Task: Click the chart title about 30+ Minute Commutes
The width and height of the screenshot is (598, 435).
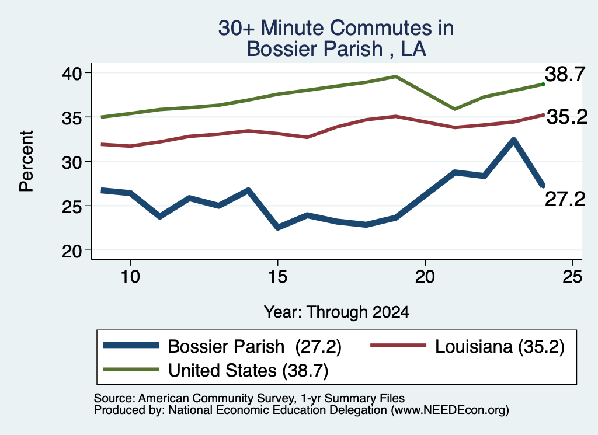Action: tap(336, 38)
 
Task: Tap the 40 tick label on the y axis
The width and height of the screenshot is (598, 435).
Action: tap(72, 73)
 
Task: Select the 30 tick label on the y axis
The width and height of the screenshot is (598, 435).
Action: tap(72, 162)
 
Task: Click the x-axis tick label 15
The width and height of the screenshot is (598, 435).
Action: tap(277, 277)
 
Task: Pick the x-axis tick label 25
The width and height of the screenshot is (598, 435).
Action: tap(572, 277)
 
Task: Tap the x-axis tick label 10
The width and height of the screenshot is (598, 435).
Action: tap(130, 277)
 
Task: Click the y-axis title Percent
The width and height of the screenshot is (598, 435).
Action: tap(26, 161)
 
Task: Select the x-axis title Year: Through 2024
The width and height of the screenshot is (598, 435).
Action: tap(336, 312)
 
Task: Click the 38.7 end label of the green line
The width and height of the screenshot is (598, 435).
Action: tap(565, 74)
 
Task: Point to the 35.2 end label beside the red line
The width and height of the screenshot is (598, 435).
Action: tap(567, 117)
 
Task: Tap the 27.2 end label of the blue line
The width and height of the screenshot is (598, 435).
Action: tap(565, 199)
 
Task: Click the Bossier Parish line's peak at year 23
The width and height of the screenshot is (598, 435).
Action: tap(513, 140)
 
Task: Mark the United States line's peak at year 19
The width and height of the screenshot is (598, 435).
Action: tap(396, 76)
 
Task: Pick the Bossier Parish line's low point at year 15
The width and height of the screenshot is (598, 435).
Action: tap(277, 227)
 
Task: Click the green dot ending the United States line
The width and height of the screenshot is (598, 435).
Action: tap(543, 84)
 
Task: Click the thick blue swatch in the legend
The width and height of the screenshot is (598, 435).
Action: tap(131, 346)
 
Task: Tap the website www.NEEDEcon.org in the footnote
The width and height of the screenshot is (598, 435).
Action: tap(450, 410)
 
